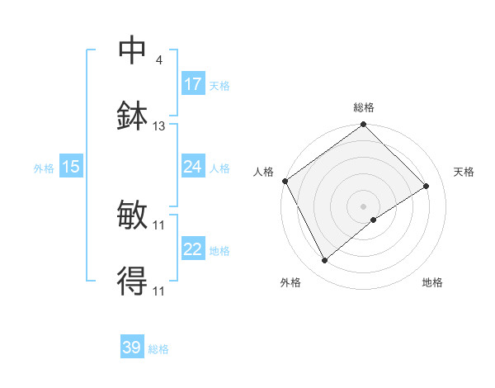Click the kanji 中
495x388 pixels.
point(133,50)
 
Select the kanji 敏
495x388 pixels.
point(133,215)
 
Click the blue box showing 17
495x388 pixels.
point(193,84)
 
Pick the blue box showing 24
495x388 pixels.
point(193,167)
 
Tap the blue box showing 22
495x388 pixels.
point(193,249)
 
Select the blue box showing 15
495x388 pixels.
point(71,167)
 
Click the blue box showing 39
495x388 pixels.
point(132,348)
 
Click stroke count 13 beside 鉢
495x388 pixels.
point(159,126)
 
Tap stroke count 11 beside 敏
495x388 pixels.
point(159,225)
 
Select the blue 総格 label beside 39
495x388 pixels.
point(158,349)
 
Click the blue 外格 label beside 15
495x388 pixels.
point(44,168)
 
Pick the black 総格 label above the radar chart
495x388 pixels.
point(364,107)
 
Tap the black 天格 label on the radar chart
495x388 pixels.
point(464,172)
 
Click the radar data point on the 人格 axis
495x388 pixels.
point(285,181)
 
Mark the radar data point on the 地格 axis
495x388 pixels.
point(374,220)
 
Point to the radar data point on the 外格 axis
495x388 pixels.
point(324,261)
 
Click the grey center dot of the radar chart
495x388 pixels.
point(364,206)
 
